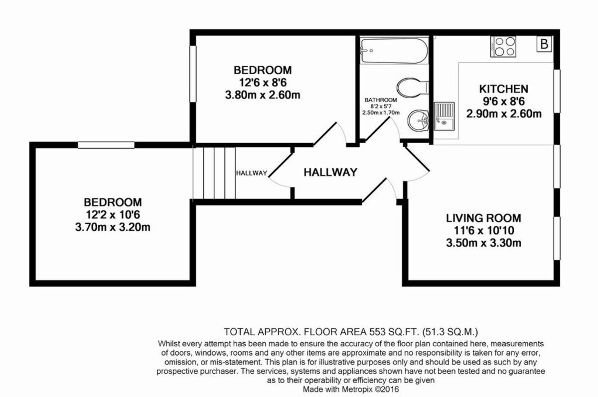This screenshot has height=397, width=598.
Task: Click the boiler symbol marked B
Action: tap(544, 44)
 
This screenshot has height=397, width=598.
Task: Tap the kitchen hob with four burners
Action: tap(504, 47)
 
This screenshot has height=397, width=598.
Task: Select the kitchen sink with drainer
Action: tap(444, 116)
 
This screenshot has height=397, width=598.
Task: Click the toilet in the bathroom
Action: tap(413, 86)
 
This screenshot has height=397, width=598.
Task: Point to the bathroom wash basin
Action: tap(418, 120)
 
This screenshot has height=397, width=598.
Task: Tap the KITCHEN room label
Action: tap(503, 90)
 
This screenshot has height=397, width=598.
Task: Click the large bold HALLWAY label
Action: tap(330, 173)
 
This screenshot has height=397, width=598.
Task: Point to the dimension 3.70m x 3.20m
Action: tap(113, 228)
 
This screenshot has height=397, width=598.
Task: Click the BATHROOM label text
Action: tap(380, 99)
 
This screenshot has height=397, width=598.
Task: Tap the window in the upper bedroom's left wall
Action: tap(192, 75)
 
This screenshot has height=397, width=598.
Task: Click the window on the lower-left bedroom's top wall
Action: tap(106, 145)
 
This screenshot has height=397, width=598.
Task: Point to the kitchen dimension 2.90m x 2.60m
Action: tap(503, 113)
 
